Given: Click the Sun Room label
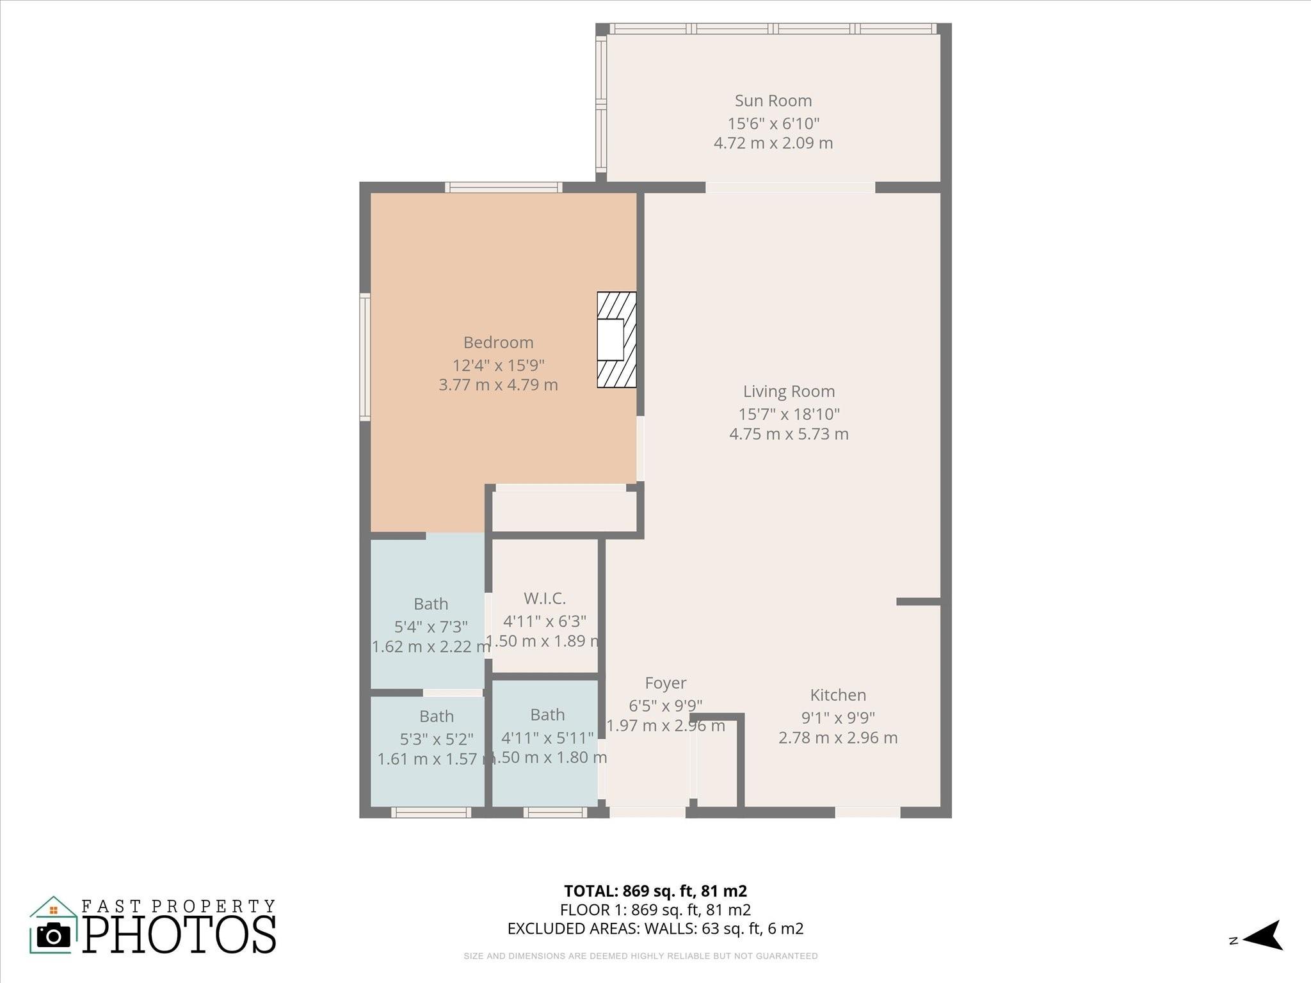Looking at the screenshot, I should [x=773, y=100].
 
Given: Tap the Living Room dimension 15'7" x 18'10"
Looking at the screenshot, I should [x=789, y=413].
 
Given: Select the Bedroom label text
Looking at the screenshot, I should [x=498, y=342].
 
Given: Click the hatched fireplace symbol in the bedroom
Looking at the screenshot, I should [x=616, y=340].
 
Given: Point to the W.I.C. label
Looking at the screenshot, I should [x=545, y=598].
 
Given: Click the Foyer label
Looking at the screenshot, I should [x=666, y=683].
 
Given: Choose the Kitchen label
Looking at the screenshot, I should [x=838, y=694].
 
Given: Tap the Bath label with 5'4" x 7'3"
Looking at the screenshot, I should [x=431, y=603].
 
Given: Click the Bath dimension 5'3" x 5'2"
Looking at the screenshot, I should [x=437, y=739].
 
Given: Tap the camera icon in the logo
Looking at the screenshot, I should [x=54, y=936].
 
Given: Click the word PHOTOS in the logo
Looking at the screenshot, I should [x=179, y=936].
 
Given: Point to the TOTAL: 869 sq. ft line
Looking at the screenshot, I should [x=655, y=891].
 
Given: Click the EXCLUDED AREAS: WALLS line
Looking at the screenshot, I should [x=655, y=929].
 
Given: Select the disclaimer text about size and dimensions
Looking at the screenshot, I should [x=641, y=956].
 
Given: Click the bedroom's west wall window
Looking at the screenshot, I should [x=365, y=356].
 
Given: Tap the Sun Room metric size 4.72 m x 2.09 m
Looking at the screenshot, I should [x=773, y=143].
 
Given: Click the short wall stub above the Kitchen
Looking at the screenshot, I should [x=918, y=602].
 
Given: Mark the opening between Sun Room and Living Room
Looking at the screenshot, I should [x=790, y=188].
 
